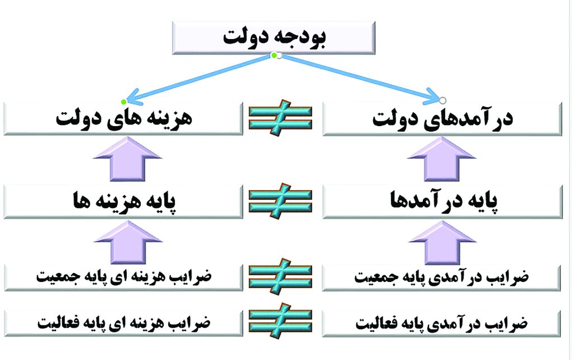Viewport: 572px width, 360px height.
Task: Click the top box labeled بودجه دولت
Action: [274, 38]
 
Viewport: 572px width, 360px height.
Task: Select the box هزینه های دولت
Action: [123, 119]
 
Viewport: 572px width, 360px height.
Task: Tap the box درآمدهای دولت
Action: [442, 119]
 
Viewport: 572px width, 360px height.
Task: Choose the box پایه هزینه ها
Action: [123, 202]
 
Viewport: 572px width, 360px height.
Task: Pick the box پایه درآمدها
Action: [442, 202]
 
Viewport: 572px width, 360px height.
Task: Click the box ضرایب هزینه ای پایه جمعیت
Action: [123, 277]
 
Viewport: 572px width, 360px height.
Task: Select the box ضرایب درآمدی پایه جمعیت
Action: [441, 277]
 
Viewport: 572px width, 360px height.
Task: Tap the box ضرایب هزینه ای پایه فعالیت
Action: [123, 324]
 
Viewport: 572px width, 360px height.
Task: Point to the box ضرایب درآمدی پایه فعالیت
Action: [441, 324]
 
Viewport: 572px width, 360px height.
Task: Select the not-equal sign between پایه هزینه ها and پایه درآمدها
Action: [280, 201]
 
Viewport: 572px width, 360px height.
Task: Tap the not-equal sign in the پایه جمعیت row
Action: [280, 277]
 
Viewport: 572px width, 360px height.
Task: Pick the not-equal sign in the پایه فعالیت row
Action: [280, 320]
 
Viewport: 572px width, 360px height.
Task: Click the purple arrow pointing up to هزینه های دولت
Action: [128, 159]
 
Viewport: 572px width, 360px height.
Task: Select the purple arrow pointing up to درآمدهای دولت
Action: [442, 159]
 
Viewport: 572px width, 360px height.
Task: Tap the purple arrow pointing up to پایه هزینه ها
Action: [128, 243]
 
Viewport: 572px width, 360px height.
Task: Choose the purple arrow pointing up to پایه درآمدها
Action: [442, 243]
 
